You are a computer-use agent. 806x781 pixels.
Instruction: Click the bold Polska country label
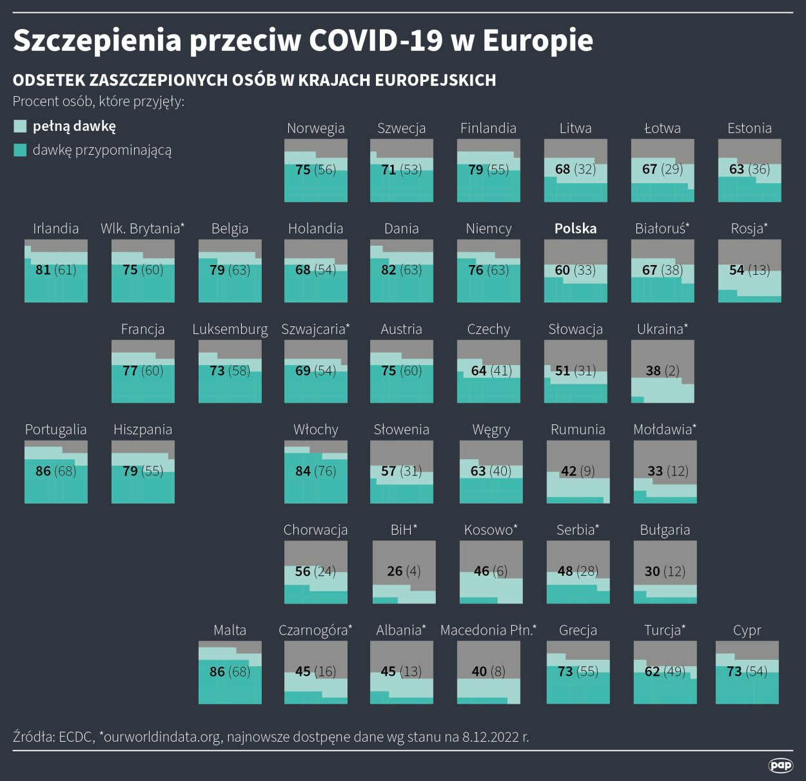(x=575, y=228)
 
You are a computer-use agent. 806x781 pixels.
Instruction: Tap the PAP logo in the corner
(x=780, y=765)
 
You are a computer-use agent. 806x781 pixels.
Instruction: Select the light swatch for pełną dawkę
(x=20, y=126)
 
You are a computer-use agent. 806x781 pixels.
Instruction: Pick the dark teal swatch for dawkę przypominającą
(x=20, y=150)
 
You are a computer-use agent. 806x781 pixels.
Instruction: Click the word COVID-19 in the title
(x=376, y=40)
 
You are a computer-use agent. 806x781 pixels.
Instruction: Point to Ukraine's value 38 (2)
(x=662, y=370)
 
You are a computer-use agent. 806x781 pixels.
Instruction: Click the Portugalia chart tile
(x=56, y=471)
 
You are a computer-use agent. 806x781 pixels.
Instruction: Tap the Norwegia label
(x=315, y=128)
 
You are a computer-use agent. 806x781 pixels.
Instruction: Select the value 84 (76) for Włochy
(x=315, y=471)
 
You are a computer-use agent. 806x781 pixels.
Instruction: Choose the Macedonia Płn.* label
(x=488, y=630)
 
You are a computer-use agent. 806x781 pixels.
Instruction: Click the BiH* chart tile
(x=404, y=572)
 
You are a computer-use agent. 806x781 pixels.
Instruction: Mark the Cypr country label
(x=747, y=630)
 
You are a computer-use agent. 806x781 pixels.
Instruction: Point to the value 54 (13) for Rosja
(x=749, y=270)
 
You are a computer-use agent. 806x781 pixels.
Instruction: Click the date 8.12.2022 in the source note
(x=490, y=737)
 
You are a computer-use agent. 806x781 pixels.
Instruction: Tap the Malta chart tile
(x=230, y=673)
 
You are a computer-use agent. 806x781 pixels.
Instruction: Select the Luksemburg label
(x=230, y=329)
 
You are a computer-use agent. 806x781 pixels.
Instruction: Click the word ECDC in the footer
(x=75, y=737)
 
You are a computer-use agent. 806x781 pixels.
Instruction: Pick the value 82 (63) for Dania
(x=401, y=270)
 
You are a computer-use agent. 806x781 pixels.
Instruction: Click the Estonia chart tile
(x=749, y=170)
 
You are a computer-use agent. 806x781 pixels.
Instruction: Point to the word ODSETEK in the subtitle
(x=49, y=80)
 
